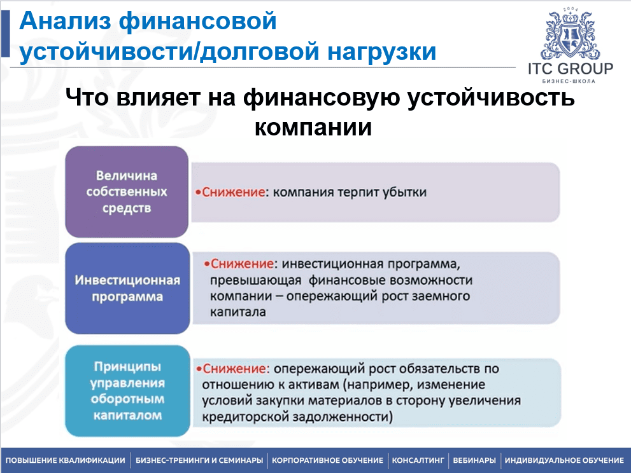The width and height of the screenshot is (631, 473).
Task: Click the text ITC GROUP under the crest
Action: [571, 69]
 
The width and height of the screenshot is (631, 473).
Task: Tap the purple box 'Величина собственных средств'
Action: [127, 192]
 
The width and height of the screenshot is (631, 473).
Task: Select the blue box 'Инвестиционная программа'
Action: [127, 288]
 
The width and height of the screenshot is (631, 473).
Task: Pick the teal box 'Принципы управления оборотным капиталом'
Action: [127, 390]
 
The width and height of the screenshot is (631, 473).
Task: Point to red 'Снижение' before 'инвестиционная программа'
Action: [242, 264]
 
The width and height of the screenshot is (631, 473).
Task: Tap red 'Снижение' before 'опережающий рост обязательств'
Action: [234, 369]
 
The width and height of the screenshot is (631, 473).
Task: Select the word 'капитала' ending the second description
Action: [238, 312]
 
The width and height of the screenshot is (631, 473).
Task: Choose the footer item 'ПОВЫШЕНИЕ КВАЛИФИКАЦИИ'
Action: [65, 460]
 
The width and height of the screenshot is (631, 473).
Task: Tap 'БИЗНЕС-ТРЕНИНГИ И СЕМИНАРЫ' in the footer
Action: [199, 460]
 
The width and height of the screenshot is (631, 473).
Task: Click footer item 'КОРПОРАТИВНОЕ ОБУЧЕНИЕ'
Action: [327, 460]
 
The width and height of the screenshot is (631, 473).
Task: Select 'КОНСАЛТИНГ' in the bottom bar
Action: [418, 460]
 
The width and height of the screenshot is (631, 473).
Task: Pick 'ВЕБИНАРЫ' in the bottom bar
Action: [474, 460]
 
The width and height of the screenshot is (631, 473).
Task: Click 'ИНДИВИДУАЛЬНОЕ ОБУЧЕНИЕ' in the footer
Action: [564, 460]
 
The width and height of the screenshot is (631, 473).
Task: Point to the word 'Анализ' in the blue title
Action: [65, 21]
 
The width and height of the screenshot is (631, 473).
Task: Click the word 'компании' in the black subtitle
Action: [313, 127]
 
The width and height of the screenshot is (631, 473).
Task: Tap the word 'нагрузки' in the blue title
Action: [382, 52]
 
